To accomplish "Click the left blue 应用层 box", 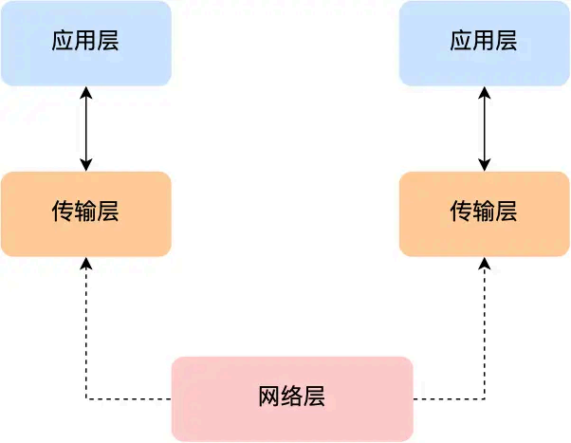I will point(85,43).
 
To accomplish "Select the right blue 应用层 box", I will point(484,43).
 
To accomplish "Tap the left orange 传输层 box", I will point(85,213).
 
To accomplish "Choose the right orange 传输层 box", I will point(484,213).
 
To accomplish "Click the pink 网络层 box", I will point(292,397).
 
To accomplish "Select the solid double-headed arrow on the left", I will point(86,129).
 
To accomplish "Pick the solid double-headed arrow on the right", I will point(485,129).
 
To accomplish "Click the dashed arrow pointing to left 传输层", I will point(86,332).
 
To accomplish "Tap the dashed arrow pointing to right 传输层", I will point(485,332).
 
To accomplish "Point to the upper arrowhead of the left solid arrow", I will point(86,92).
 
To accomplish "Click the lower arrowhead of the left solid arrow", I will point(86,166).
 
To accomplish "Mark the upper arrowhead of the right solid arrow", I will point(485,92).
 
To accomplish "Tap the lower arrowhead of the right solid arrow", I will point(485,166).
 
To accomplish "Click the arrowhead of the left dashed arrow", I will point(86,263).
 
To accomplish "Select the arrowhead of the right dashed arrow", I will point(485,263).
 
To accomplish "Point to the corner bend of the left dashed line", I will point(86,398).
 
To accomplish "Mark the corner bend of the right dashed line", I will point(485,398).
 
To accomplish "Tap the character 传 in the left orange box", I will point(63,212).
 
